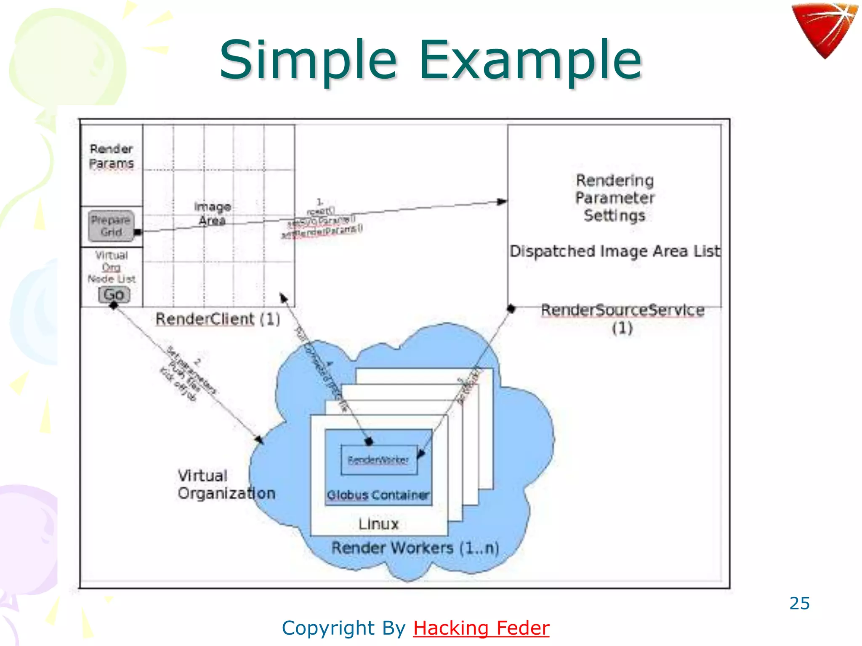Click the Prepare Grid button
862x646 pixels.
111,226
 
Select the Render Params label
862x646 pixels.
111,156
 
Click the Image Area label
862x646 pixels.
212,213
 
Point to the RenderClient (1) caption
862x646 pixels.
218,319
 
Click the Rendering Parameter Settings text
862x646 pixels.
615,198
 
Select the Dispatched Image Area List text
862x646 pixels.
615,251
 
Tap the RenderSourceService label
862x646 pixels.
623,310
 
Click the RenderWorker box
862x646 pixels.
378,460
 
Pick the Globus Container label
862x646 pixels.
378,495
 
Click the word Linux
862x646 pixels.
378,524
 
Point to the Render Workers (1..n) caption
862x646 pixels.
415,548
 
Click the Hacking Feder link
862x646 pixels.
481,628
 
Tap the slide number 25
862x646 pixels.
799,603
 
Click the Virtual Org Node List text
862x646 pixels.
111,267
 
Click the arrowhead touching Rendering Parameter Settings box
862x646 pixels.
502,201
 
